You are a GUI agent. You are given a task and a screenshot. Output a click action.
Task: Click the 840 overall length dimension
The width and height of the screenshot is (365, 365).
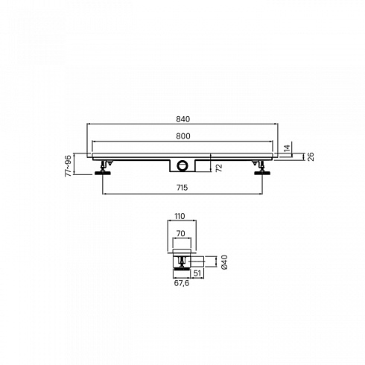(183, 119)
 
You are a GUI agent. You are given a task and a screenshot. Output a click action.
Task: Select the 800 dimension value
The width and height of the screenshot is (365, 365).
(183, 136)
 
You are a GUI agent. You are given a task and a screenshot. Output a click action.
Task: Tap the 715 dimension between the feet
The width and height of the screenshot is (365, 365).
(182, 188)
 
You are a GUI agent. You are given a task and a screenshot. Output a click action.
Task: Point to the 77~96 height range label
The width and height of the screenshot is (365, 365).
(68, 165)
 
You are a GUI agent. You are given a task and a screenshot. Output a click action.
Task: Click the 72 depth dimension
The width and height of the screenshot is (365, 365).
(219, 168)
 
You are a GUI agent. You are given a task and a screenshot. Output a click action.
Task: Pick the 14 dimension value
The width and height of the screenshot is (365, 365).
(287, 148)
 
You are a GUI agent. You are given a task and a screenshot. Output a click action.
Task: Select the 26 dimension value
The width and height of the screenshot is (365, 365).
(311, 156)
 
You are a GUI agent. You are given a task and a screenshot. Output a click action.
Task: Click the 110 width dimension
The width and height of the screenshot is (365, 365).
(180, 216)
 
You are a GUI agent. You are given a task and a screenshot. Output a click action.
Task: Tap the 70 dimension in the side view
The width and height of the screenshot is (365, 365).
(180, 233)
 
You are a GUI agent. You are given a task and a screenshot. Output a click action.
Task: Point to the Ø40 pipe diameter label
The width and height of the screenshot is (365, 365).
(224, 262)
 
